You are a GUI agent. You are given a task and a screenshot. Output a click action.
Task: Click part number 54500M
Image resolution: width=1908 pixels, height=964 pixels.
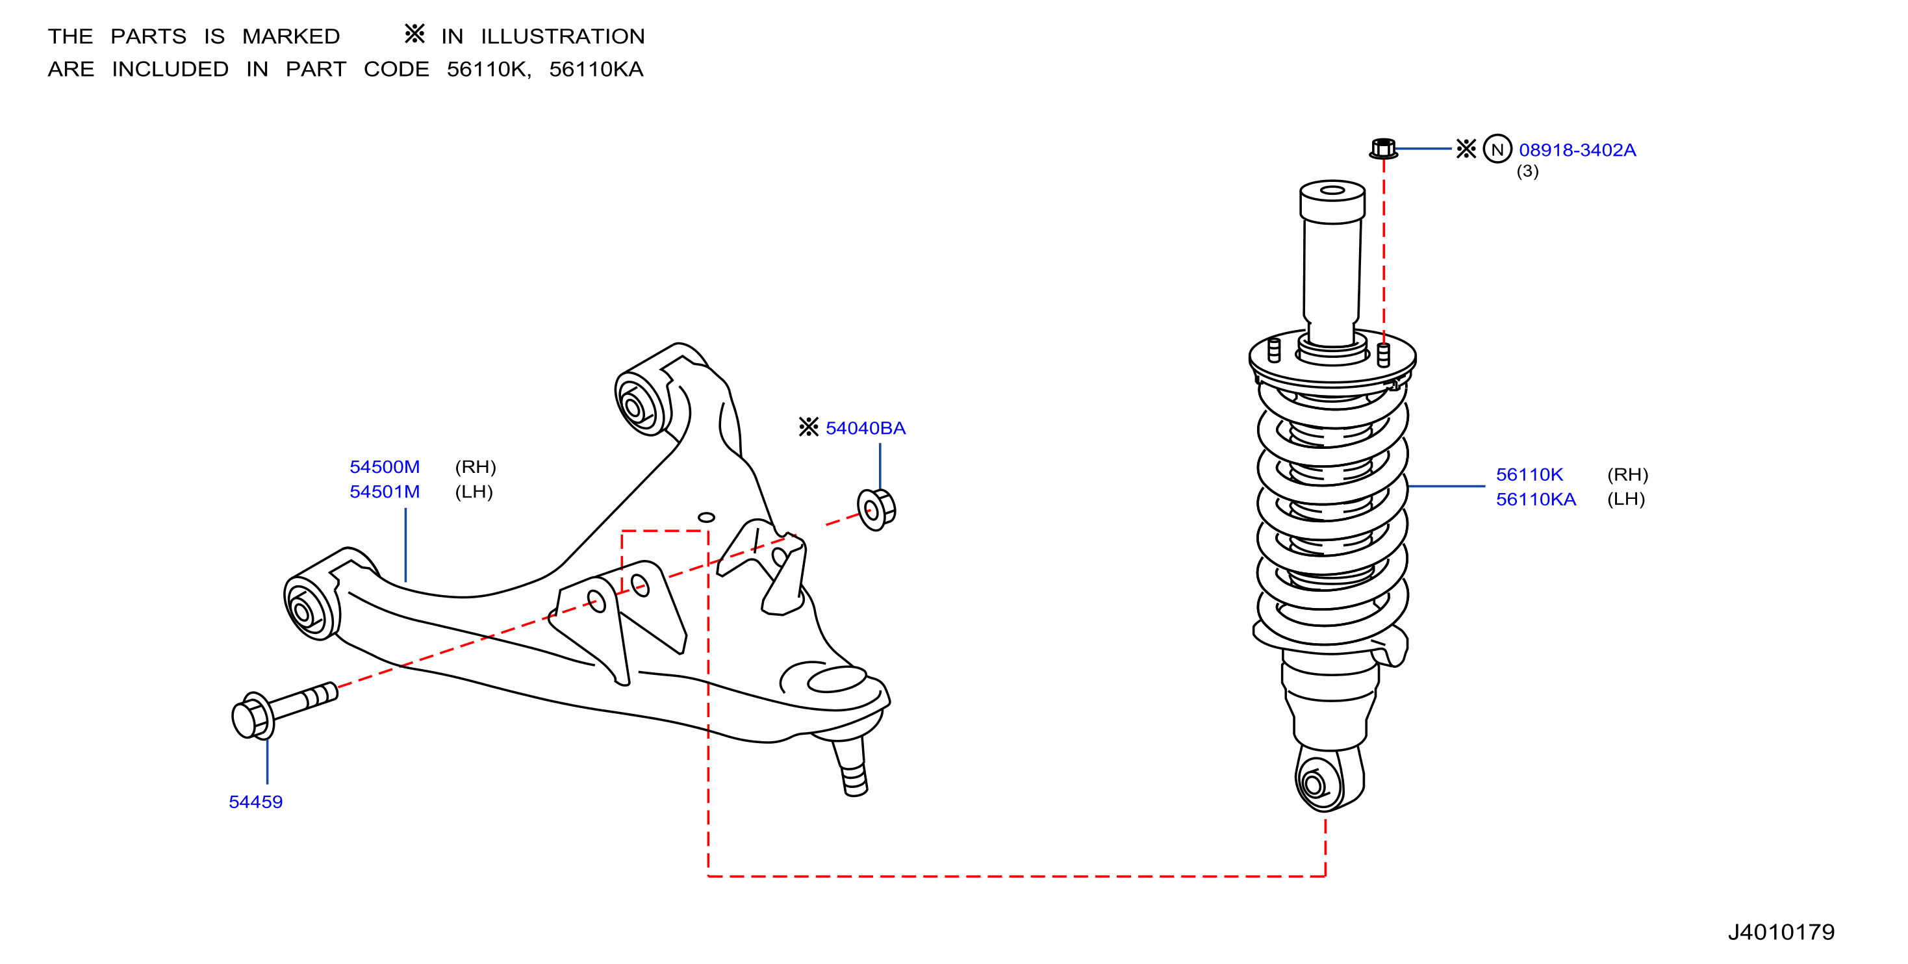coord(385,467)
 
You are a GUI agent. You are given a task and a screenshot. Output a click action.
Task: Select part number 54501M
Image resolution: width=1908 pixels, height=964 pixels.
coord(385,492)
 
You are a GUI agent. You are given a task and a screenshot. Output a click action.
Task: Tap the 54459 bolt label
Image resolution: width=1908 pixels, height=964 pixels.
coord(255,802)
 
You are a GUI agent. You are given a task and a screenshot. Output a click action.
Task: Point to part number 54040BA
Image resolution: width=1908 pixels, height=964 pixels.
coord(865,428)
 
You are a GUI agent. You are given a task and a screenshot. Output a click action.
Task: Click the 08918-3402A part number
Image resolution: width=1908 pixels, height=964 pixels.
coord(1577,149)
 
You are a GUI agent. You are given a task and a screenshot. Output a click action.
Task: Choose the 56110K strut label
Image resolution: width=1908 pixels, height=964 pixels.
coord(1529,475)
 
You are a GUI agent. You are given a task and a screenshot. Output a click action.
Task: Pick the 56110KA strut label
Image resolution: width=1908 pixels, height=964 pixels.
coord(1536,499)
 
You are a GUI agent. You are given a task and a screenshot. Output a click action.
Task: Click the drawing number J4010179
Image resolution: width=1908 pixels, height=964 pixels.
coord(1781,932)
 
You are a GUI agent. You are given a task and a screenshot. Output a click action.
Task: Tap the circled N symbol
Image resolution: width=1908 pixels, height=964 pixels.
coord(1497,149)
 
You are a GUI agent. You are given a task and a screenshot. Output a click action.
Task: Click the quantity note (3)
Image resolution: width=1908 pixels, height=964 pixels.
coord(1527,171)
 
